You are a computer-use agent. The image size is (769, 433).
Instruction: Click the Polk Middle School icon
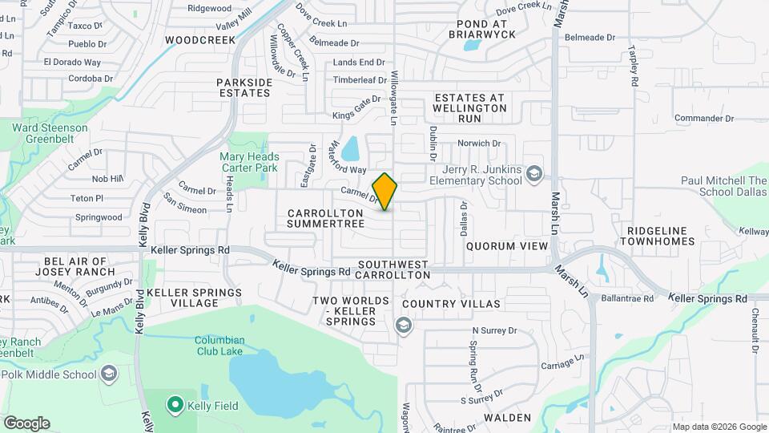107,374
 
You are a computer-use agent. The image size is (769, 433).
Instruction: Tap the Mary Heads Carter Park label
249,163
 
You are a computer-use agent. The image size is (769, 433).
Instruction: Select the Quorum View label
506,245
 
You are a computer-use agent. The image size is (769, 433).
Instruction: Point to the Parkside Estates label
244,87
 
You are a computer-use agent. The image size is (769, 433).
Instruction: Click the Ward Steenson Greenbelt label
50,132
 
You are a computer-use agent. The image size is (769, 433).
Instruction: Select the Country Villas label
451,304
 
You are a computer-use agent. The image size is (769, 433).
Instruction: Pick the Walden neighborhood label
507,417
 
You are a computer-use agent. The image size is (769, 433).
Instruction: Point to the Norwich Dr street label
478,144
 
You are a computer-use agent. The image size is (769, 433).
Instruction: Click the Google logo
26,423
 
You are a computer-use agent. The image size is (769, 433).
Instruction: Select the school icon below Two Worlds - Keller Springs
402,325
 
